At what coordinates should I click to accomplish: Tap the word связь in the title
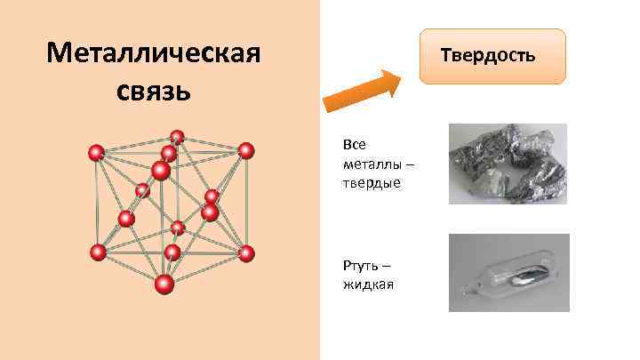[x=153, y=91]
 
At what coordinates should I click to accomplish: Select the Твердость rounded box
[x=492, y=56]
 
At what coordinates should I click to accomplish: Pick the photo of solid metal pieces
[x=507, y=164]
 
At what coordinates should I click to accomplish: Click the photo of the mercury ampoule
[x=508, y=273]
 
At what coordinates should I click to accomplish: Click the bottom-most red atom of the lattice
[x=164, y=284]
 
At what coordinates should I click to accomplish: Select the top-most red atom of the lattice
[x=177, y=137]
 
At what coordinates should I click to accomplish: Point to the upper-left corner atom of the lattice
[x=96, y=153]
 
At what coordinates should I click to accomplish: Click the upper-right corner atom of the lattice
[x=246, y=150]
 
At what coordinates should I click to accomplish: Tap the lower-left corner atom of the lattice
[x=98, y=252]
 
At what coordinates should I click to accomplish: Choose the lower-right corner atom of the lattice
[x=246, y=253]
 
